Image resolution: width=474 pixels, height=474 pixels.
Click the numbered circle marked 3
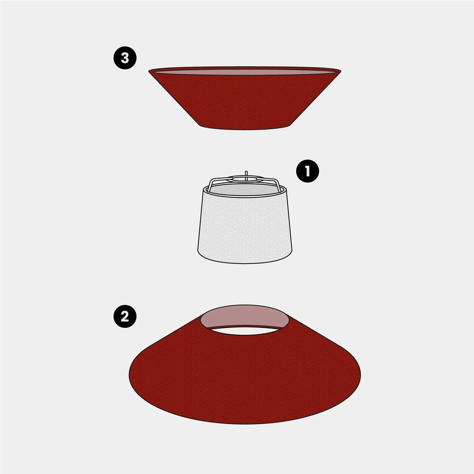[x=125, y=58]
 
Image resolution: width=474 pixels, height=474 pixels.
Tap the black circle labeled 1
[x=307, y=171]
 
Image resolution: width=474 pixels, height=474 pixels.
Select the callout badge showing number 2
[x=125, y=316]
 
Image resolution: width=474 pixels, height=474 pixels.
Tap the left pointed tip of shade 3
[x=149, y=71]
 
